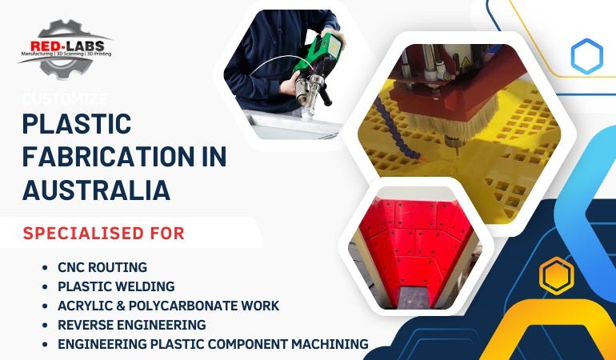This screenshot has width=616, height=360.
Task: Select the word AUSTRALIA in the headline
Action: coord(96,190)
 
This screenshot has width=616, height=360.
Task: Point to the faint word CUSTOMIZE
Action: coord(65,98)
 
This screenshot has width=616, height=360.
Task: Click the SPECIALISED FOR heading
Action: coord(104,234)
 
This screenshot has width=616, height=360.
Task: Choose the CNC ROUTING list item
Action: coord(102,267)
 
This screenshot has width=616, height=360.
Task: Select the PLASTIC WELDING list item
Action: coord(116,286)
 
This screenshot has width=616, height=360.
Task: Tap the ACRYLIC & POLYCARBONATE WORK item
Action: coord(168,306)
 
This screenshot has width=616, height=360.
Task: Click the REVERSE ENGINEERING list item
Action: coord(131,325)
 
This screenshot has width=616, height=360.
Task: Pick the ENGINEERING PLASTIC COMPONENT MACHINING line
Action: coord(213,344)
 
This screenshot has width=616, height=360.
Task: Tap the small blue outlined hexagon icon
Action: coord(586,56)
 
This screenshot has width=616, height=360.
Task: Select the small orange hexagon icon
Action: coord(556,276)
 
